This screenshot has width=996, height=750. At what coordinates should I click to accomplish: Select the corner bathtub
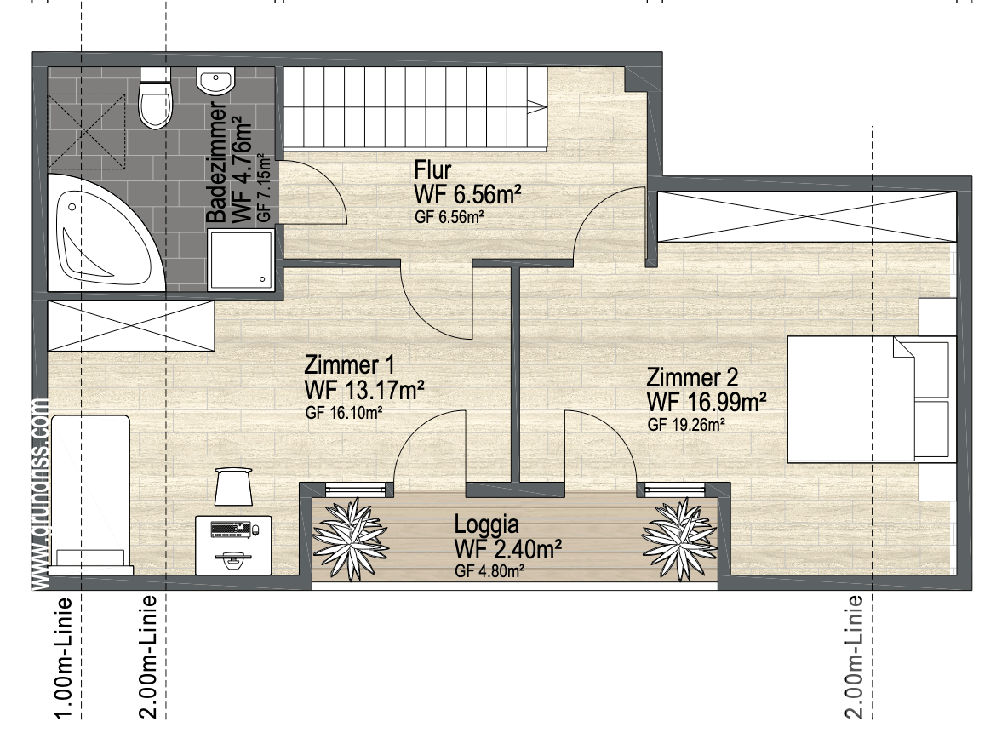click(106, 234)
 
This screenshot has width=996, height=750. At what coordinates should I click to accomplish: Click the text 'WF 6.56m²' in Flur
click(467, 194)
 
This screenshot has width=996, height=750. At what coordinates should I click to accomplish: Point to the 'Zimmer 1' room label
click(349, 365)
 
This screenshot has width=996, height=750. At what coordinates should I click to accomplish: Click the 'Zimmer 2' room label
click(692, 378)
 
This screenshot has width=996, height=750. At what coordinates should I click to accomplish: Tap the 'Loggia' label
click(487, 524)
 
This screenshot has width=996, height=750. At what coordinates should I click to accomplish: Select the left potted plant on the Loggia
click(350, 539)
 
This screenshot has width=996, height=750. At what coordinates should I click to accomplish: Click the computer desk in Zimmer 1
click(233, 545)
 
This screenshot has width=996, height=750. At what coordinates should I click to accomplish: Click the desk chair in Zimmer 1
click(233, 486)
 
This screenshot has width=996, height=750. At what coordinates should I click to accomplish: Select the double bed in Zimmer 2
click(872, 398)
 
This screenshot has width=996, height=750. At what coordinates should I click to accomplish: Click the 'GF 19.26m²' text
click(687, 425)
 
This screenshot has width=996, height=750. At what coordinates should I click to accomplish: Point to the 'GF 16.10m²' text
click(344, 413)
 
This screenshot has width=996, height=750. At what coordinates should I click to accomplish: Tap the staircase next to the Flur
click(415, 109)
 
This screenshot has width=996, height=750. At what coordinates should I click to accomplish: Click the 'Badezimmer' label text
click(216, 162)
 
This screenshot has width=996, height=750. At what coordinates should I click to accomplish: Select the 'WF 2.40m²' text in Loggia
click(507, 549)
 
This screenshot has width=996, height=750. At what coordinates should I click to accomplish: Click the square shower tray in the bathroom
click(242, 260)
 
